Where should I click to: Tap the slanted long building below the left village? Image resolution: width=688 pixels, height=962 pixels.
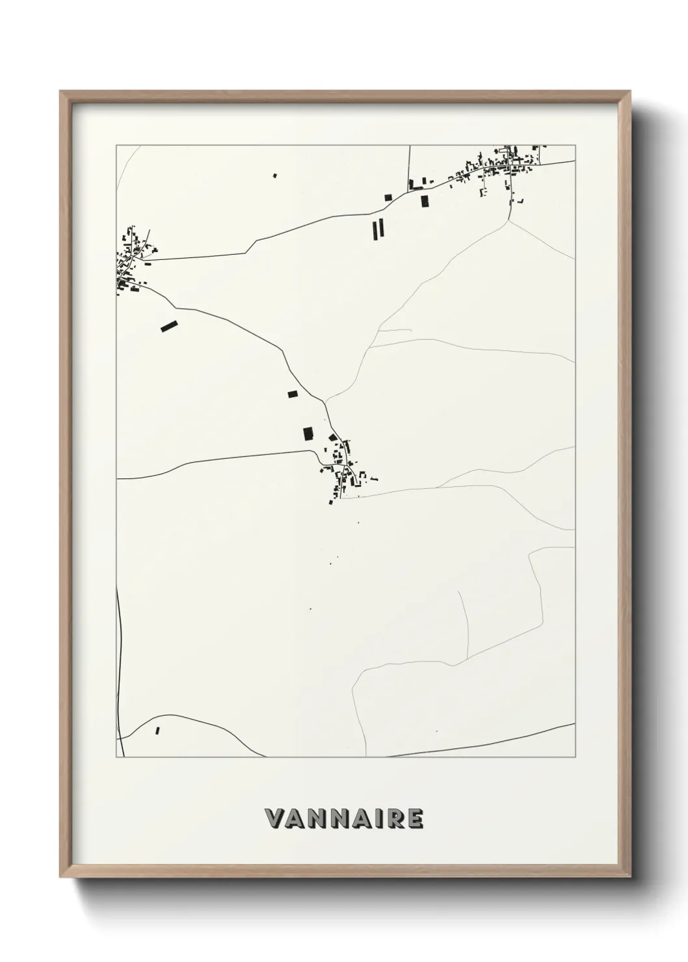tap(169, 326)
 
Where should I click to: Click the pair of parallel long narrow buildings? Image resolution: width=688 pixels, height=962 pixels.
tap(378, 228)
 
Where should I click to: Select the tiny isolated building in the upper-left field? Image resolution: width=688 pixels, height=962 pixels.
tap(274, 175)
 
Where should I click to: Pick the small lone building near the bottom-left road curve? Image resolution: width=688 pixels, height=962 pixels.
tap(157, 731)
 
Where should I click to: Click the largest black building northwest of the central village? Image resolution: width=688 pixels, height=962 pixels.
tap(308, 434)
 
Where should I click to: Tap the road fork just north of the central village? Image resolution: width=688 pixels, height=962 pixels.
tap(325, 402)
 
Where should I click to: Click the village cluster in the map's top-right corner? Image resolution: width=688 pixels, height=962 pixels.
tap(501, 166)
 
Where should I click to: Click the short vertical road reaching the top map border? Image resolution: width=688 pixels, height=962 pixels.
tap(410, 166)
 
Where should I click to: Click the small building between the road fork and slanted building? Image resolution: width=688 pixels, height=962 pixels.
tap(292, 393)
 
